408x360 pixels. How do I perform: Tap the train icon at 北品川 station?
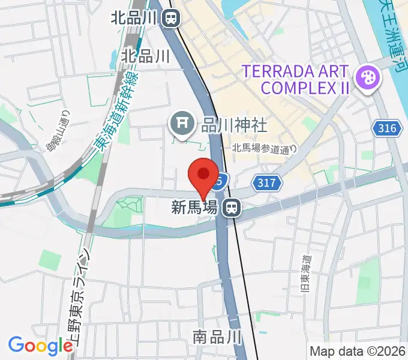172,18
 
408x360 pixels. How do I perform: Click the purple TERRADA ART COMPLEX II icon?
365,78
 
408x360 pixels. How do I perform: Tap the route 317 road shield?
267,184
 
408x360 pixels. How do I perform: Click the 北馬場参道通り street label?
265,149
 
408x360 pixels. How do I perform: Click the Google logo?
40,346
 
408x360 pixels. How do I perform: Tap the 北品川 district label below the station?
145,56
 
